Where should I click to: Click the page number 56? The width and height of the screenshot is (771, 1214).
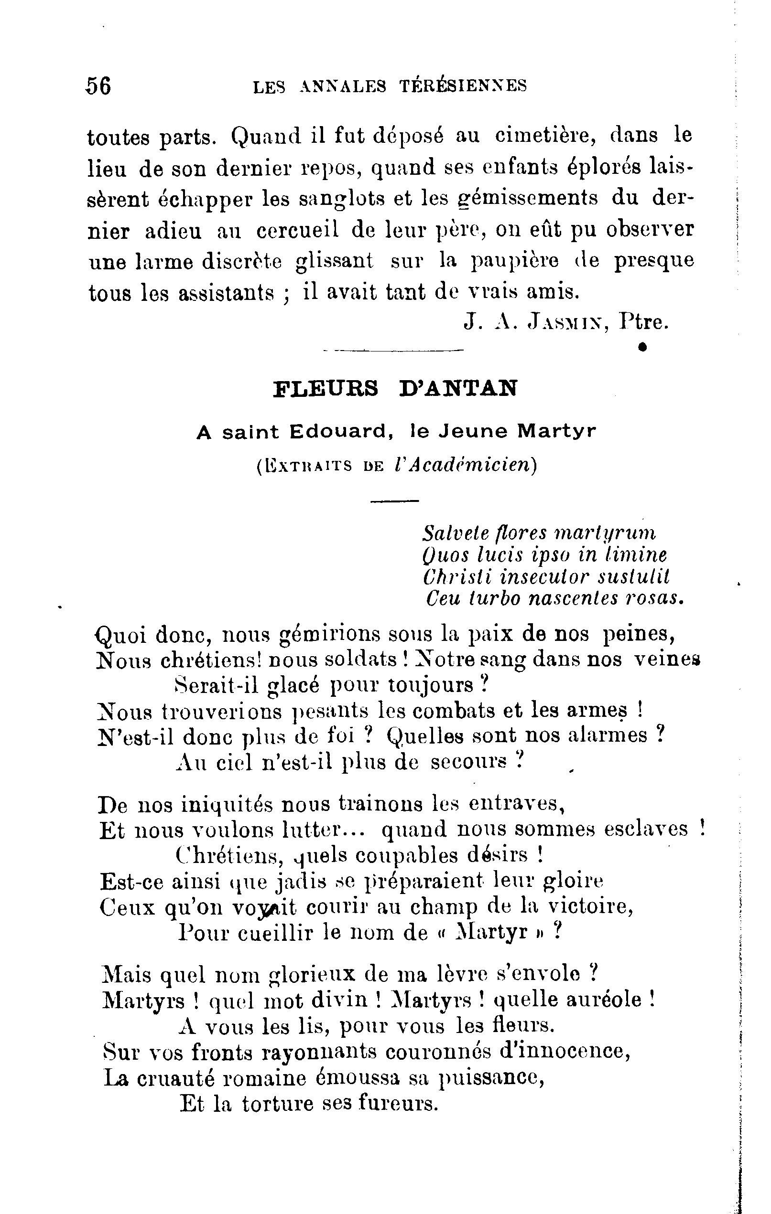(x=98, y=85)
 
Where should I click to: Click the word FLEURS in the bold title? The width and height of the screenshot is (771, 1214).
(x=326, y=389)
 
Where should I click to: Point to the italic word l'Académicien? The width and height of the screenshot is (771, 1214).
(x=463, y=465)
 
